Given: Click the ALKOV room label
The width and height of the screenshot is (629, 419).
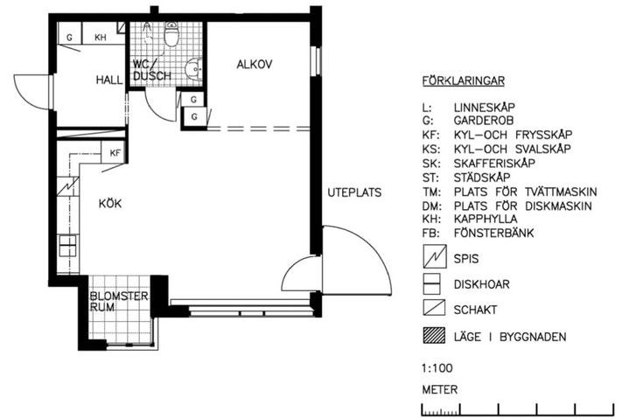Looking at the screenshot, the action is [x=255, y=64].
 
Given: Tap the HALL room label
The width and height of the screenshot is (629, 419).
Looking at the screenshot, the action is [x=109, y=80].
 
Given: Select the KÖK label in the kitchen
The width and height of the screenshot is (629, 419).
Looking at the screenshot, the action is [x=110, y=204].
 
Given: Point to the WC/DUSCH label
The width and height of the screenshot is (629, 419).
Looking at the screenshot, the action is [x=152, y=70].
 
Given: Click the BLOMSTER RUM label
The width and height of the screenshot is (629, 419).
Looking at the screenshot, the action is [x=119, y=302].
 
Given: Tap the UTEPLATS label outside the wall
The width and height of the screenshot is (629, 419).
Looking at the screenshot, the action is [x=354, y=192].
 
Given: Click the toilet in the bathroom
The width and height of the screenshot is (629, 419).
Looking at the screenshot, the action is [x=171, y=34].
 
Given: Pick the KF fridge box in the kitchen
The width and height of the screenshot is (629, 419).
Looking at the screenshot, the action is [x=114, y=152].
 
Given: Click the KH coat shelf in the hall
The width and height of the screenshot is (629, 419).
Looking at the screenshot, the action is [x=101, y=34].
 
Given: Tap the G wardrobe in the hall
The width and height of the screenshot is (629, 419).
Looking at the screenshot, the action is [x=70, y=34].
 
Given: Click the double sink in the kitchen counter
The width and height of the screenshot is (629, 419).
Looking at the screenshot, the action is [x=67, y=246].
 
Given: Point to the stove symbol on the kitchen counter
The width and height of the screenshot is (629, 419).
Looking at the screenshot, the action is [x=67, y=186].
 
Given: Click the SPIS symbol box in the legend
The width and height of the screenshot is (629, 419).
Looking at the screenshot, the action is [x=435, y=256].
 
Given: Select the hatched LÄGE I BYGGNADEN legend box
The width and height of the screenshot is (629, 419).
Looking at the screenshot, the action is [x=434, y=336].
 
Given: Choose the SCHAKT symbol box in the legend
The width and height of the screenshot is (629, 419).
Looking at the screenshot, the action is [x=434, y=308].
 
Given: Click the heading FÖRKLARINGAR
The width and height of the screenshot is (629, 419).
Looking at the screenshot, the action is [x=464, y=81].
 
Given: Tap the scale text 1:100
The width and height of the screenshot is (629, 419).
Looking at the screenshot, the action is [x=437, y=368].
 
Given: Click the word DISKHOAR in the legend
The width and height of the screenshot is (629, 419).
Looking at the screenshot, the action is [x=481, y=284].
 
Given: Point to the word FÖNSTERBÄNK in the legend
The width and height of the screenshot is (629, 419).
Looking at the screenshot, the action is [x=493, y=233].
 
